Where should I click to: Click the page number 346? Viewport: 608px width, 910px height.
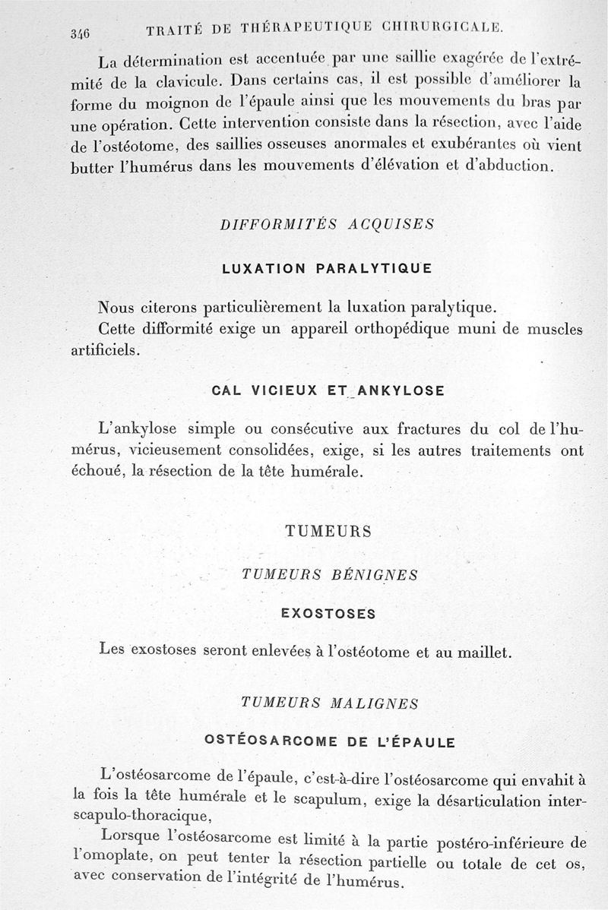click(x=80, y=33)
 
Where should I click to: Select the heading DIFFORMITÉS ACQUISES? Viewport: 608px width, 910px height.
click(x=326, y=225)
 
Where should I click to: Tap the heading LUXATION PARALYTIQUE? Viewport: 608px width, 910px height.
click(x=326, y=268)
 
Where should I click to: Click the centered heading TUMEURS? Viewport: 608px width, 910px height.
click(x=328, y=532)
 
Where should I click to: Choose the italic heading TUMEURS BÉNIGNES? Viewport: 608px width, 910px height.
click(x=329, y=575)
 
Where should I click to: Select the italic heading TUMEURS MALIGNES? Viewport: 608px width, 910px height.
click(x=329, y=703)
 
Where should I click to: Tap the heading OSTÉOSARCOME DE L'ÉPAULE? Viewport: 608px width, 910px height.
click(x=331, y=742)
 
